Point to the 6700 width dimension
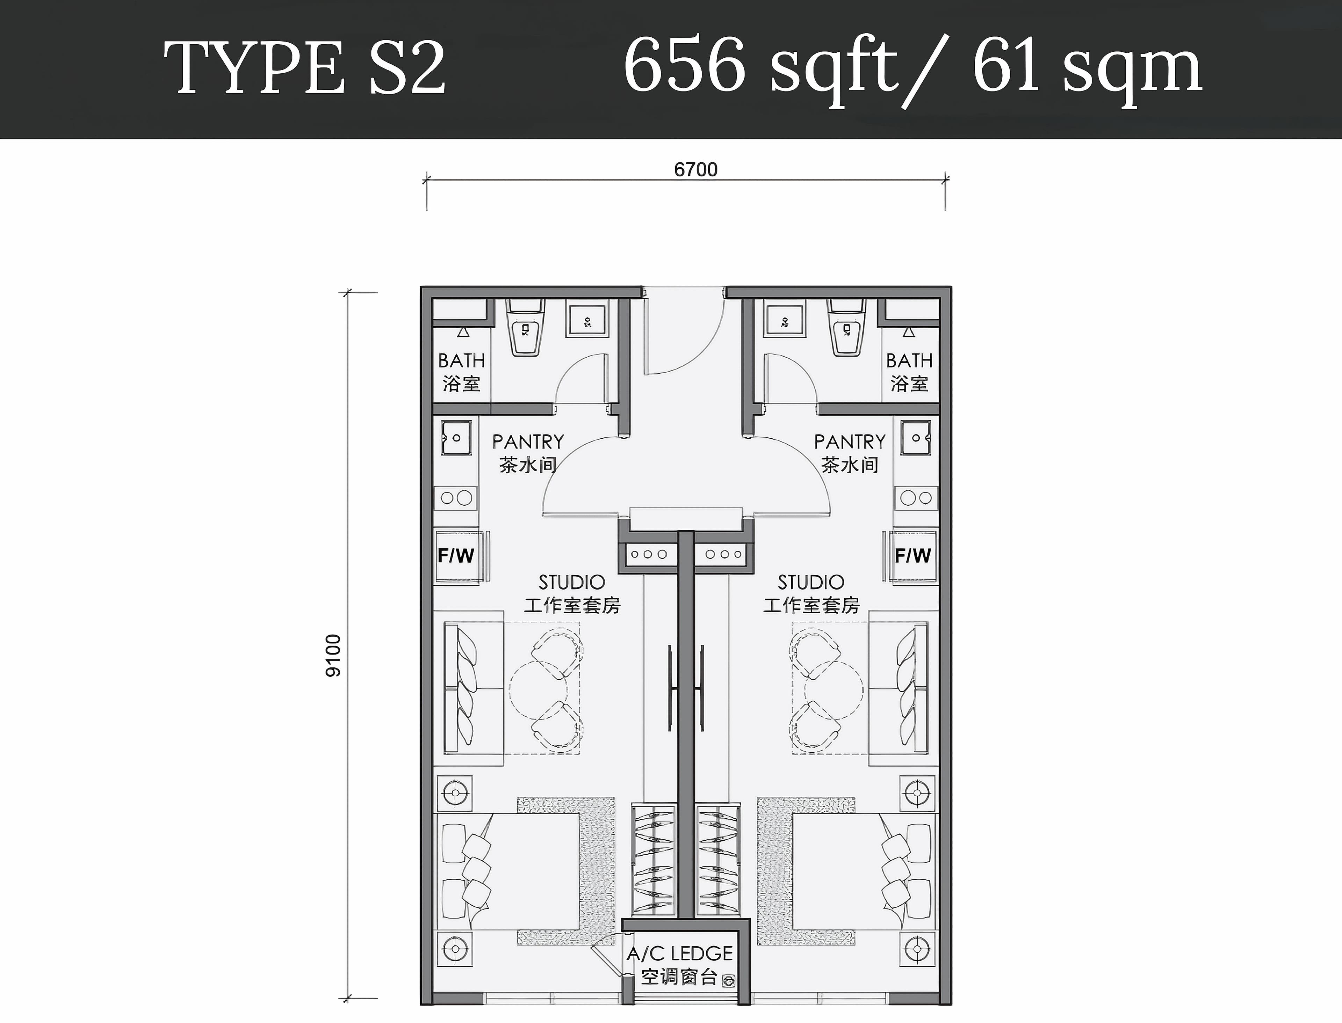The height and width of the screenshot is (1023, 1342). click(696, 169)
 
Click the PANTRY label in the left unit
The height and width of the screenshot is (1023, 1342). click(528, 441)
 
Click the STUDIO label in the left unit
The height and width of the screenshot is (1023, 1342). click(571, 582)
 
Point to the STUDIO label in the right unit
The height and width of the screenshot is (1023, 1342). click(811, 582)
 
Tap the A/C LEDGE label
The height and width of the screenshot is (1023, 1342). click(680, 953)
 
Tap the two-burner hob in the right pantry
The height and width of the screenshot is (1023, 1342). click(916, 498)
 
